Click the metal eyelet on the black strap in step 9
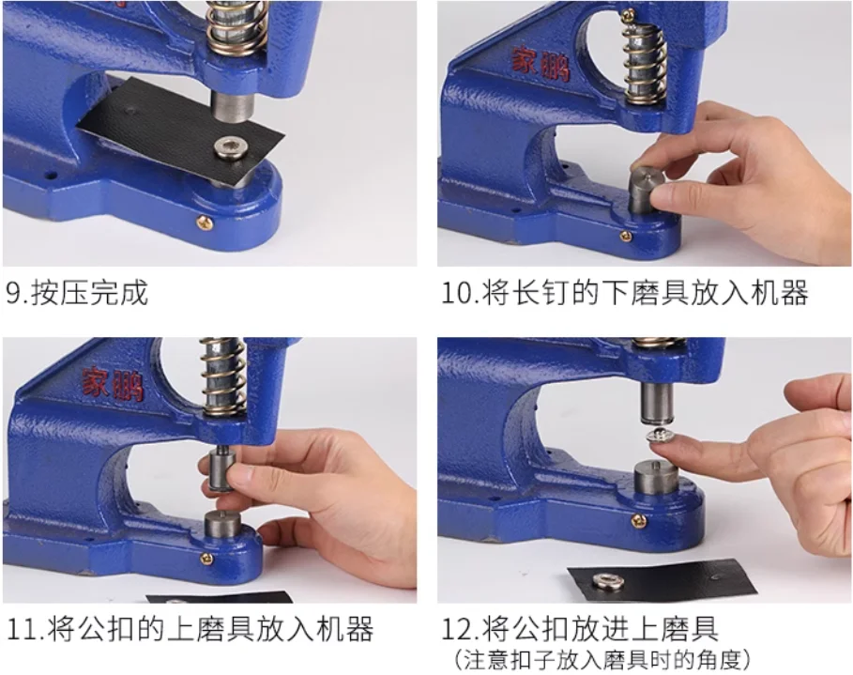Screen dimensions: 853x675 coord(231,148)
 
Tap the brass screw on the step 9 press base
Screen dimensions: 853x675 coord(205,221)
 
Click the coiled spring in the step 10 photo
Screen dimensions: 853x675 coord(645,63)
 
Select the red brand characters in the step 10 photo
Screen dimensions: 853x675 coord(541,63)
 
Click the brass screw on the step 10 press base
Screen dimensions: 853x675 coord(626,236)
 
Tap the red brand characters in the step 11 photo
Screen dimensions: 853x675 coord(113,381)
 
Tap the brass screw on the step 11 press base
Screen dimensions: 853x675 coord(206,558)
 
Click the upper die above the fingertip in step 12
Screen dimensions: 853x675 coord(657,403)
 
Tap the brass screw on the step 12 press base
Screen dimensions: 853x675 coord(639,521)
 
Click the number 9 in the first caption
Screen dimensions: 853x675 coord(13,294)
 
